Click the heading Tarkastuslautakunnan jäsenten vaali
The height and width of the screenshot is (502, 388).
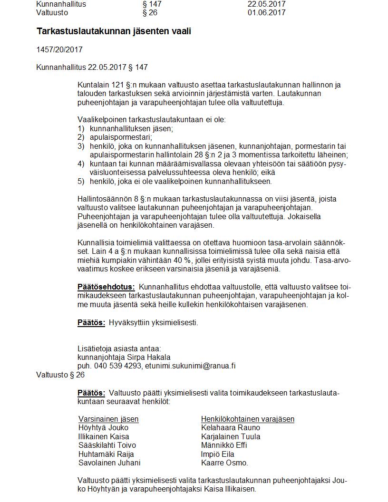tap(114, 31)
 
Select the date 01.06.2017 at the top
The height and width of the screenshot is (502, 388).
tap(266, 12)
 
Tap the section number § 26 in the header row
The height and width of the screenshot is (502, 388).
tap(150, 12)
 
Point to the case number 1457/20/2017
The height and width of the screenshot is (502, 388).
tap(59, 50)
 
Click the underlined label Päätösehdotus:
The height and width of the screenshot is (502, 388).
tap(106, 287)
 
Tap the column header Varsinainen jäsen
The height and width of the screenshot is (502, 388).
tap(108, 419)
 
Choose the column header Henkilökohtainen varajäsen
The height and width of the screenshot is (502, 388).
tap(248, 419)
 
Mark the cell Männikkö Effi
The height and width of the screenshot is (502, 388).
tap(224, 445)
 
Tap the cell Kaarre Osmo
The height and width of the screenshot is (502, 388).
tap(224, 463)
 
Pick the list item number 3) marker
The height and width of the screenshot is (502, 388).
tap(81, 146)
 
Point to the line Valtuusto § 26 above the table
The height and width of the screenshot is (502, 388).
tap(60, 375)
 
